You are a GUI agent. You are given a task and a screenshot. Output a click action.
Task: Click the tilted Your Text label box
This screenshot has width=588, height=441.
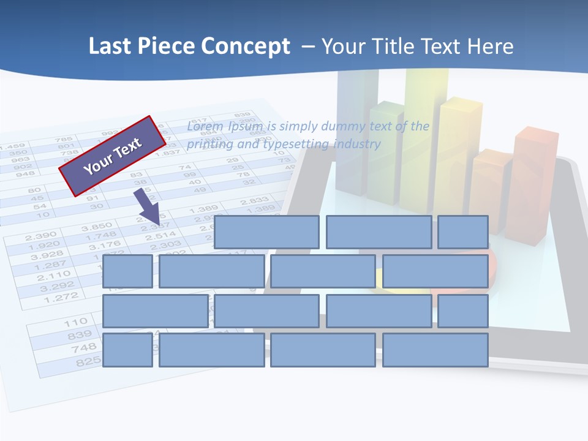click(x=113, y=156)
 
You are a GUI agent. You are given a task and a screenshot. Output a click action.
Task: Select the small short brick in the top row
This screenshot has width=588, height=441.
click(x=462, y=232)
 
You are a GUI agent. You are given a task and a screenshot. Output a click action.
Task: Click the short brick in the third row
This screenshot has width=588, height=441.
click(x=462, y=311)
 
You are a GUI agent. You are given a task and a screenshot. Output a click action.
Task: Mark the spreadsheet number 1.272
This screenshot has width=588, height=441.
click(x=61, y=298)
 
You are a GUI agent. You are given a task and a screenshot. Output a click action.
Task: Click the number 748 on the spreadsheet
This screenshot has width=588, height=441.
click(x=81, y=348)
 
